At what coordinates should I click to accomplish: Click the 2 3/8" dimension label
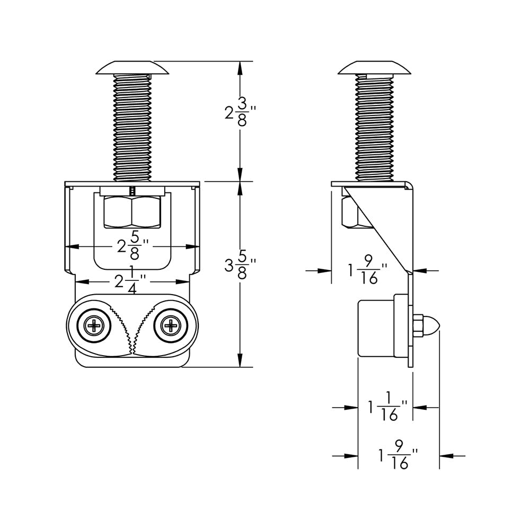click(240, 112)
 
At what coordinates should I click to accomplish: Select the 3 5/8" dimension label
click(240, 264)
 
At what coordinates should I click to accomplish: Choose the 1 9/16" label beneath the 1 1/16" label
click(397, 455)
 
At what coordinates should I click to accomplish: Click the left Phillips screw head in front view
click(96, 325)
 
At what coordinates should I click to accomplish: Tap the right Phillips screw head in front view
click(171, 325)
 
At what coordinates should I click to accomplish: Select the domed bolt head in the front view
click(132, 68)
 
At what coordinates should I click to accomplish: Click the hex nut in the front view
click(132, 212)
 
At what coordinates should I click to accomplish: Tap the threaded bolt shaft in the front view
click(132, 127)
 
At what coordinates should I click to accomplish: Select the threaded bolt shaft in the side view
click(375, 127)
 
